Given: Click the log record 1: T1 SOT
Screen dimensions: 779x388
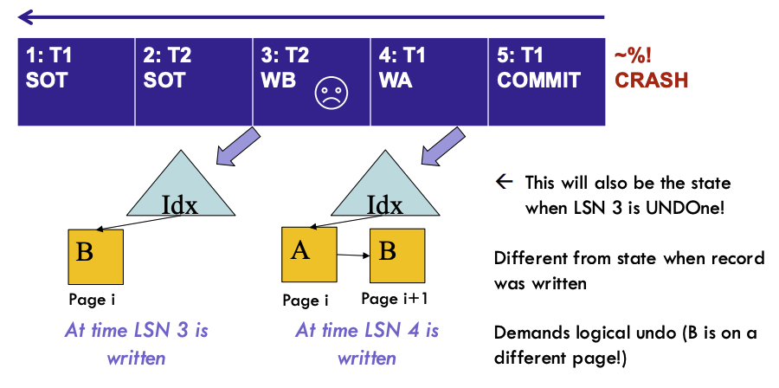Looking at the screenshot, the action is [76, 82].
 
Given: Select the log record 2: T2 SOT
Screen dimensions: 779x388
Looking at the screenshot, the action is [194, 82].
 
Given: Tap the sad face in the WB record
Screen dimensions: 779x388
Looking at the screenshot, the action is [332, 93].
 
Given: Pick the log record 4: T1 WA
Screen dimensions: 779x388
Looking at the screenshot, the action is [428, 82].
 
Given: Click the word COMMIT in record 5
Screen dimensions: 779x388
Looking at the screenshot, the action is [538, 80].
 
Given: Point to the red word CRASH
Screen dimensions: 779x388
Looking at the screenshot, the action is [651, 80].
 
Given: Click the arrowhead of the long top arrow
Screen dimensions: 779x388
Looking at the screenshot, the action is [26, 17].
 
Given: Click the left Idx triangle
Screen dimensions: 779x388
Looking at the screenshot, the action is [180, 189].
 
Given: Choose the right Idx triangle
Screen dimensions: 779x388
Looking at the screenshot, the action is [385, 189].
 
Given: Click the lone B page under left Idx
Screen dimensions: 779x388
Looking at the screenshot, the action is [96, 256].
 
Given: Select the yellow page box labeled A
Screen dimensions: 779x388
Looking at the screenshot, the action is [309, 255].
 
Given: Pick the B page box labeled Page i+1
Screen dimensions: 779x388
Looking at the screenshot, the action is [397, 255].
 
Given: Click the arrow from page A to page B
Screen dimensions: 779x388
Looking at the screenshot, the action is [353, 255].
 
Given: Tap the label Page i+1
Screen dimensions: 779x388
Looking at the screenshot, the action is [394, 299].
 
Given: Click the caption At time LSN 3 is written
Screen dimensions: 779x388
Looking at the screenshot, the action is [136, 344].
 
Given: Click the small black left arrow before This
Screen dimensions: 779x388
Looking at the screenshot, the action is [504, 182].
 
